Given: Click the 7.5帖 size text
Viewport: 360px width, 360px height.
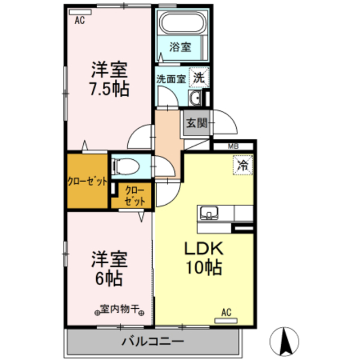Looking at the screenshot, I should (110, 88).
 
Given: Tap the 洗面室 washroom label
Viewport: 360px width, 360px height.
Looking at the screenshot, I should (171, 79).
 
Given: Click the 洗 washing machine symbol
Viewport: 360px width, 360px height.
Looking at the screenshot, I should (198, 78).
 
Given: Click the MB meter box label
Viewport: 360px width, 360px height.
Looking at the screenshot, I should (233, 147).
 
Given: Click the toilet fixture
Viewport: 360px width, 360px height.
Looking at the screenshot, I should (124, 166).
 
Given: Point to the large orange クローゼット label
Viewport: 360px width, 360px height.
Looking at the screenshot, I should (87, 181).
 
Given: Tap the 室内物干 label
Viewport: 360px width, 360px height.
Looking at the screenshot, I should (119, 309).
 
